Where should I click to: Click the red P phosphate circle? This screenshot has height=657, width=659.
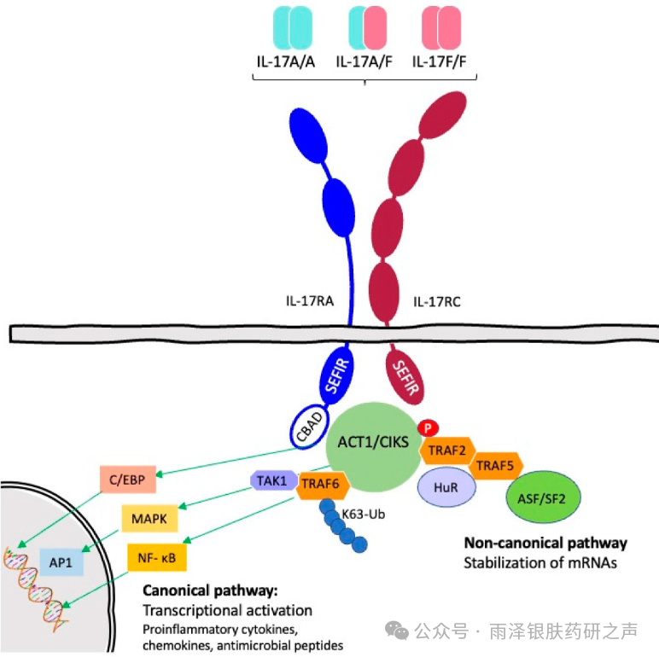(428, 428)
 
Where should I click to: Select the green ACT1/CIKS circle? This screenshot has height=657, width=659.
(373, 446)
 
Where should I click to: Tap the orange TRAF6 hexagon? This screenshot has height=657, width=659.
(323, 485)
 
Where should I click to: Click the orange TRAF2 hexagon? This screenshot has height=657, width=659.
(447, 451)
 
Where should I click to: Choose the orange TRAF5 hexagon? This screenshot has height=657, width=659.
(495, 466)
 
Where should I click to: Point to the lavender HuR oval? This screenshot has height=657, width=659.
(446, 488)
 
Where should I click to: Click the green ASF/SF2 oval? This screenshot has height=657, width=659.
(543, 497)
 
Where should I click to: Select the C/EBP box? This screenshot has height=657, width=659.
(128, 480)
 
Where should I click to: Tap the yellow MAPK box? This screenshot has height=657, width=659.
(149, 519)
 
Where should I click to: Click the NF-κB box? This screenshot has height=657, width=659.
(157, 558)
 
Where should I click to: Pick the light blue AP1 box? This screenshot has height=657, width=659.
(61, 562)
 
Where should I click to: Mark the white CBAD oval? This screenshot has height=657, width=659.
(309, 427)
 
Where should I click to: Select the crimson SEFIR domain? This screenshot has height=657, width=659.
(405, 377)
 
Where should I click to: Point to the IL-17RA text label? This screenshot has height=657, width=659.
(310, 301)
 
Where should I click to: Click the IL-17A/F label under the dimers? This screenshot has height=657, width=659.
(364, 62)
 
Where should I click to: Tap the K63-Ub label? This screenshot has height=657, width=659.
(364, 515)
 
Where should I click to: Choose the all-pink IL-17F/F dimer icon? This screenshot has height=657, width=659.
(441, 27)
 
